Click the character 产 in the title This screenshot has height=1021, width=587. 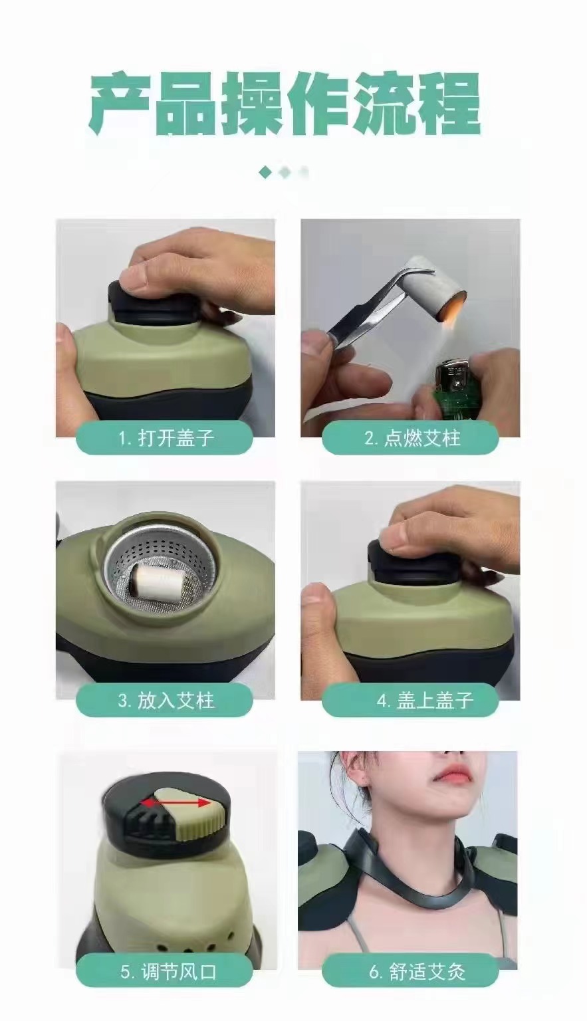point(120,102)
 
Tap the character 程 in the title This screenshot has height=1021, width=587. point(449,102)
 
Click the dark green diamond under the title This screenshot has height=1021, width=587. point(265,172)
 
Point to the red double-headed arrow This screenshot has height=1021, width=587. point(176,803)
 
